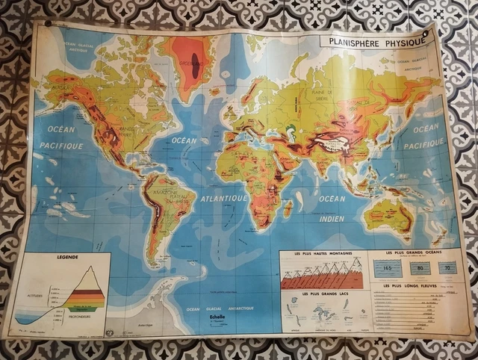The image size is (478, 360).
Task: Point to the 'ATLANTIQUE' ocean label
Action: click(224, 199)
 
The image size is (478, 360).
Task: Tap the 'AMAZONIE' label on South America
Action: click(167, 192)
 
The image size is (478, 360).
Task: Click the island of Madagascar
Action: click(288, 208)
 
